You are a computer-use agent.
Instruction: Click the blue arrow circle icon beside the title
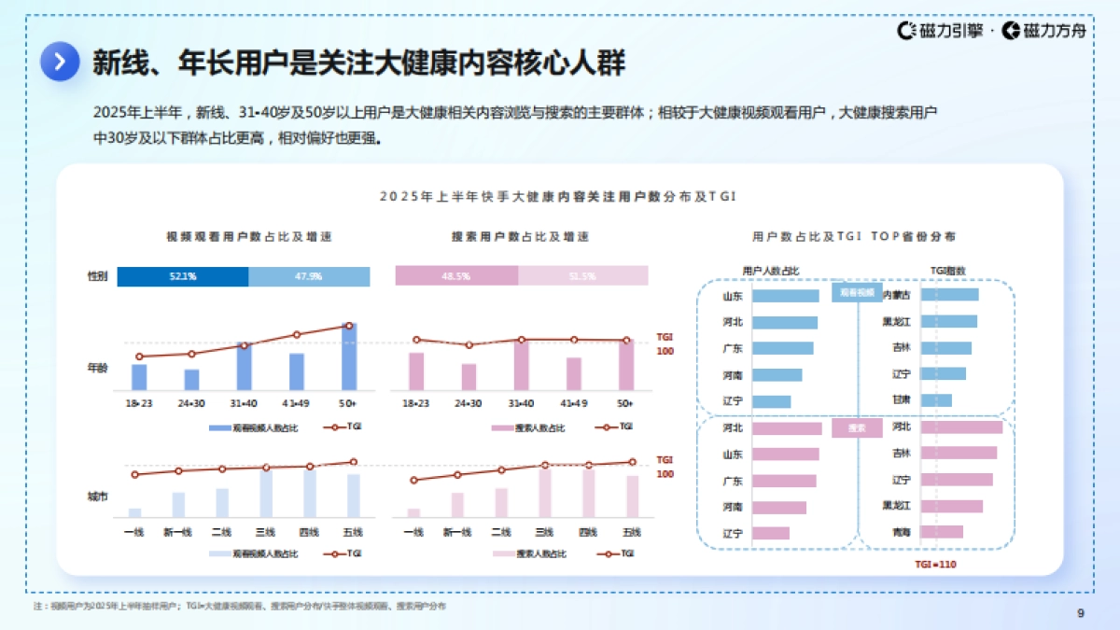point(60,62)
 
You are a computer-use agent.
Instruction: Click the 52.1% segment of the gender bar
point(183,276)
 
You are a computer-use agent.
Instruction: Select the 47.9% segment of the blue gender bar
point(309,276)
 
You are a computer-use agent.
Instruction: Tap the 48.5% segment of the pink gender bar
point(456,276)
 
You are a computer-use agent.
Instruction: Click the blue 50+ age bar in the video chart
point(349,357)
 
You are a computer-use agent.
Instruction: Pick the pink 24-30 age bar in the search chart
point(469,377)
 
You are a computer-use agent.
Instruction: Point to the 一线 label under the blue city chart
point(133,532)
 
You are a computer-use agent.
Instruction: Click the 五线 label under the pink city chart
point(632,532)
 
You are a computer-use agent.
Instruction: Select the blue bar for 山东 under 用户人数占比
point(785,296)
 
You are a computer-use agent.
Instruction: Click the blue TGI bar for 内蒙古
point(949,295)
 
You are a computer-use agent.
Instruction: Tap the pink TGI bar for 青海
point(942,532)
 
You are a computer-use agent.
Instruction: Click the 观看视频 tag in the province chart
point(856,293)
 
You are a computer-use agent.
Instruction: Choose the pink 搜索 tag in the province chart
point(856,428)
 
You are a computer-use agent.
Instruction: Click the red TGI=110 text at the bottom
point(934,565)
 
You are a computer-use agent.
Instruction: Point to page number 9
point(1080,613)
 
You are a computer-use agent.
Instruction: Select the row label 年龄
point(97,368)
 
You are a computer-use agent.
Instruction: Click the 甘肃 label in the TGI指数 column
point(901,399)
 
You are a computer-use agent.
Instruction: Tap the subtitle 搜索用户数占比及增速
point(520,237)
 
